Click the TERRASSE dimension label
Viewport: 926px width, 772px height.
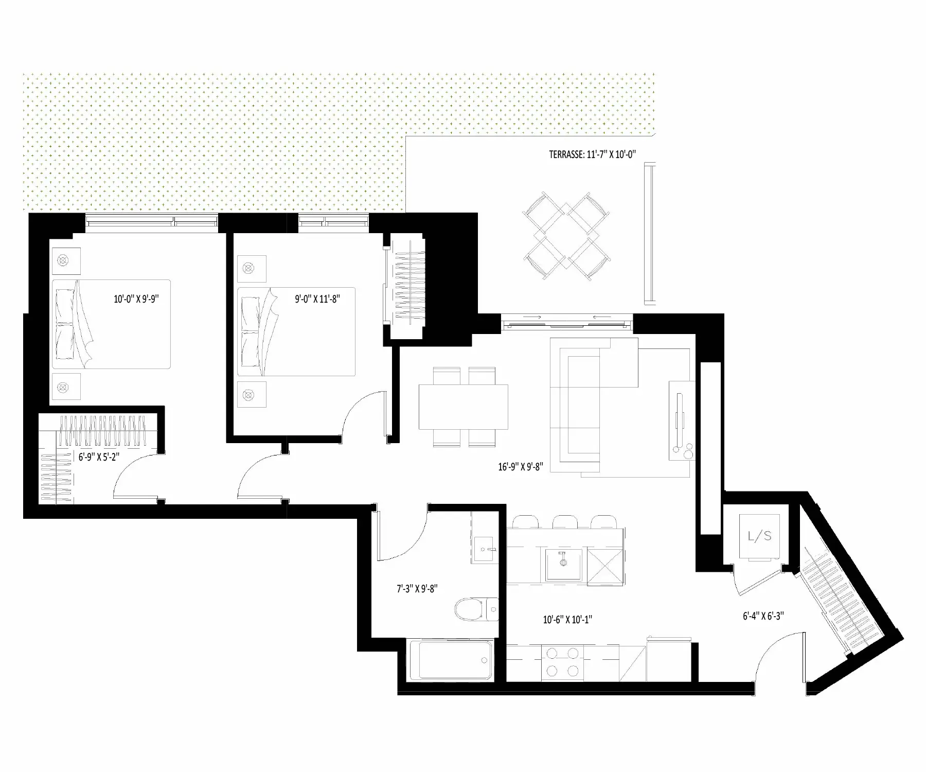[x=593, y=154]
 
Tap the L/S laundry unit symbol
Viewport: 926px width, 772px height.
[x=759, y=536]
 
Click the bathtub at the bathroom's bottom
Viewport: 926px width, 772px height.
[x=452, y=660]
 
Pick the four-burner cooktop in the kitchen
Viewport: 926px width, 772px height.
[x=563, y=662]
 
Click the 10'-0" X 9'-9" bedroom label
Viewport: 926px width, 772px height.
[x=136, y=299]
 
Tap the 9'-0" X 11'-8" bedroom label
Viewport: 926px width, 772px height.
[x=317, y=299]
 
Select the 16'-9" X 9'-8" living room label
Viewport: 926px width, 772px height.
[x=521, y=467]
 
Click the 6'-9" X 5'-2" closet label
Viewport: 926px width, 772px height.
[x=99, y=457]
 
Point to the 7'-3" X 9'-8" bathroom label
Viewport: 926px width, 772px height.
[x=417, y=589]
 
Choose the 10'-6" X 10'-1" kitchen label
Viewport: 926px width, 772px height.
[x=567, y=620]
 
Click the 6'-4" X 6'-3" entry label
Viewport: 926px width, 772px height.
[x=763, y=616]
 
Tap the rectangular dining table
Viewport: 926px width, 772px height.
[x=463, y=407]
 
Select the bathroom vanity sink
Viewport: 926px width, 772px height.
[x=484, y=550]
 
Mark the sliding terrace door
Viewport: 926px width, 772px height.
[x=567, y=323]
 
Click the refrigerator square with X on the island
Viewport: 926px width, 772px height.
[x=606, y=567]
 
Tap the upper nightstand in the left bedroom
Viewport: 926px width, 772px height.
[x=66, y=261]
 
